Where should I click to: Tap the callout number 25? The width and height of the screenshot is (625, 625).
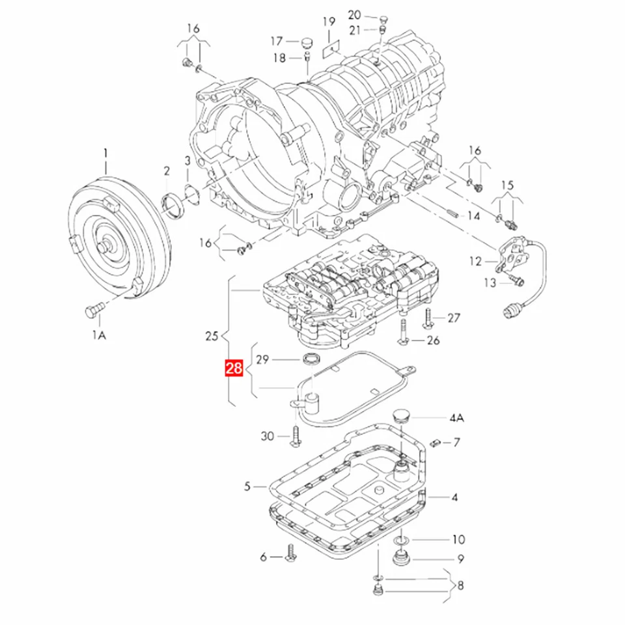point(211,337)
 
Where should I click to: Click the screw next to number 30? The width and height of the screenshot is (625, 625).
point(294,436)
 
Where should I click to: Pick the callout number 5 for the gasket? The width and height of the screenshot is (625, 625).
point(247,486)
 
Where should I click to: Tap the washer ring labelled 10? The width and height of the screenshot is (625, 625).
point(401,540)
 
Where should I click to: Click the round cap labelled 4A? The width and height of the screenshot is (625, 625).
point(402,417)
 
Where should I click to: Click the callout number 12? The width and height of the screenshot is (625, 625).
point(476,261)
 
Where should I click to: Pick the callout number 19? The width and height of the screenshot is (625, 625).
point(329,21)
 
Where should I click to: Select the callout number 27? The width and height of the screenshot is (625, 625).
point(454,318)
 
